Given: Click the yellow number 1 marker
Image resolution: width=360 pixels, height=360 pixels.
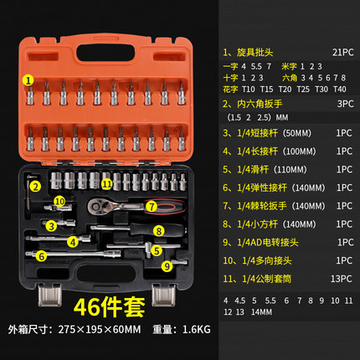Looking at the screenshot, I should pyautogui.click(x=28, y=80).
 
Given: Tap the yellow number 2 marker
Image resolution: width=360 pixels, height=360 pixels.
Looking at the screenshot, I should pyautogui.click(x=36, y=186).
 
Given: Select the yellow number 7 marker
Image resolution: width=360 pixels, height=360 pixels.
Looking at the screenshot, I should pyautogui.click(x=152, y=205).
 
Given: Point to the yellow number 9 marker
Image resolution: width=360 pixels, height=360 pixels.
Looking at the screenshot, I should pyautogui.click(x=167, y=265).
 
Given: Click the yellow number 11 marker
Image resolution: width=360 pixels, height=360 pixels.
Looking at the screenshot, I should pyautogui.click(x=107, y=183).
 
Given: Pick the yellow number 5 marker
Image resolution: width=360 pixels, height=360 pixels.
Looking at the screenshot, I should pyautogui.click(x=155, y=249).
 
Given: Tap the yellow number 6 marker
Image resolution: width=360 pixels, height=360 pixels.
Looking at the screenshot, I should pyautogui.click(x=40, y=255).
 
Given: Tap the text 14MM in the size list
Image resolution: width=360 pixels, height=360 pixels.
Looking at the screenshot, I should pyautogui.click(x=260, y=312).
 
